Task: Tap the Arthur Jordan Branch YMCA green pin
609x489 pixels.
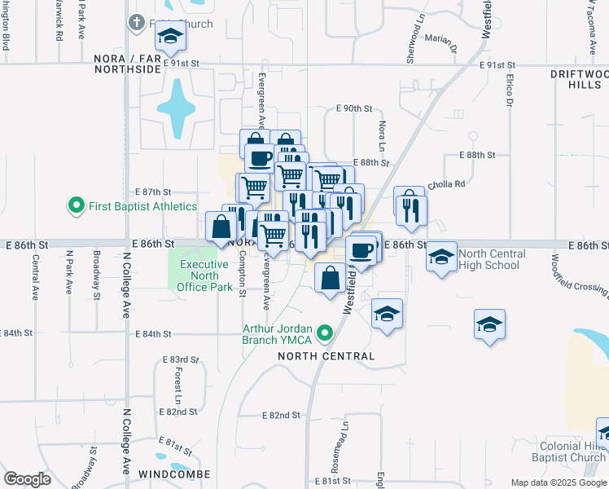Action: [x=326, y=333]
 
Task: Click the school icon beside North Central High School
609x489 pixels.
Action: [x=441, y=258]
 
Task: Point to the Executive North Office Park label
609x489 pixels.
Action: [x=204, y=275]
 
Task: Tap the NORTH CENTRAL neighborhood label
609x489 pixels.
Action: [x=326, y=356]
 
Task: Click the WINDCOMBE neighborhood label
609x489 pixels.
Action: [x=174, y=474]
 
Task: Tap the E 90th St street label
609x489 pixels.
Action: [x=354, y=108]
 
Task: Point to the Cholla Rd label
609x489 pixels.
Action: [x=446, y=184]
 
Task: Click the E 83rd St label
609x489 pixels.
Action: [x=181, y=359]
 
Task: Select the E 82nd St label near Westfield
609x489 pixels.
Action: [x=282, y=415]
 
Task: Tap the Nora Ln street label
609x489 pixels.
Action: [x=381, y=130]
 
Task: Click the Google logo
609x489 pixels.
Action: [x=28, y=479]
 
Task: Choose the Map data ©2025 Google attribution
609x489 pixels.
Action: [x=558, y=482]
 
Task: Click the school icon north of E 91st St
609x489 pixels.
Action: [x=170, y=36]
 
